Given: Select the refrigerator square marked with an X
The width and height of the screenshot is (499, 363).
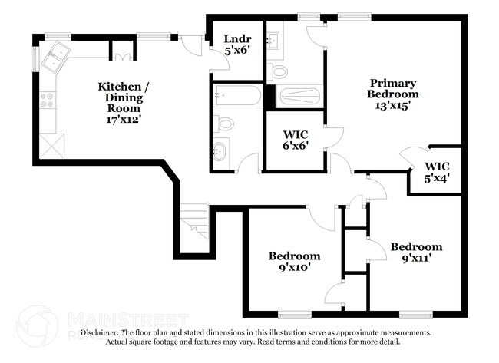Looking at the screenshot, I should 51,144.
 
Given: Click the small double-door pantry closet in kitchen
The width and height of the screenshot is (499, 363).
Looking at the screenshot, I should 123,51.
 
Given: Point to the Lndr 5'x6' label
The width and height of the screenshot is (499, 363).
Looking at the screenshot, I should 236,45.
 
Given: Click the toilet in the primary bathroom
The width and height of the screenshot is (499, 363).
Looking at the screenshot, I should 279,72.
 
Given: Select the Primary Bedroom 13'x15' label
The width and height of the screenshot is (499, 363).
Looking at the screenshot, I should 394,94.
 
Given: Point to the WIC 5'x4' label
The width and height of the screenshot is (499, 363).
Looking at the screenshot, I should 437,171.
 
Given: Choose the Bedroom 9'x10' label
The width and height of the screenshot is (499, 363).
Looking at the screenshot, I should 294,262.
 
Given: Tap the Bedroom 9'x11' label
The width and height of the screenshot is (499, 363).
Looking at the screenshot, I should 416,252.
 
